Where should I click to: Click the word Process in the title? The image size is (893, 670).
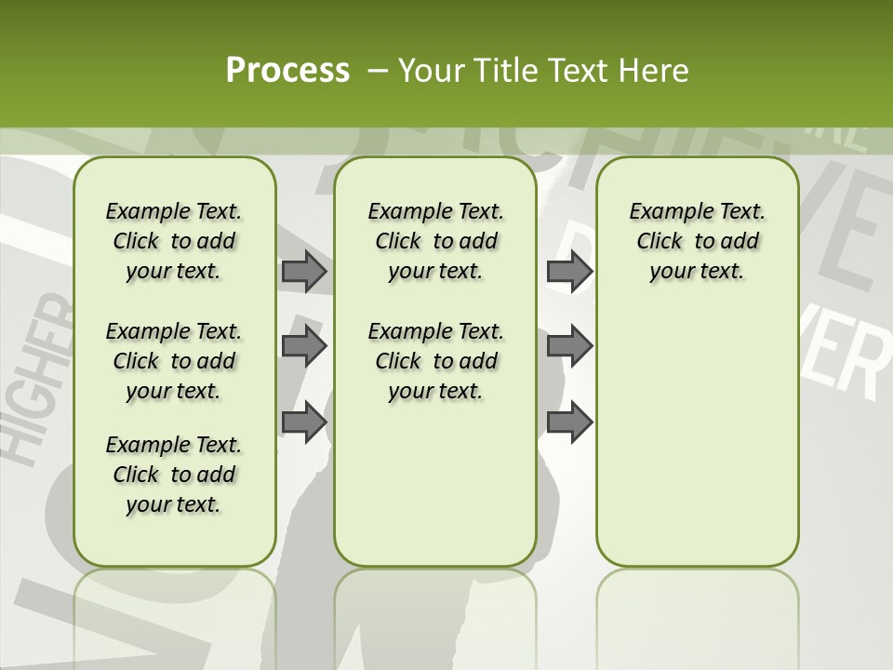(287, 70)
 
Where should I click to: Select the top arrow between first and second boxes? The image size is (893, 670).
(303, 271)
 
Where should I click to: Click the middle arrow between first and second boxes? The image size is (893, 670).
(303, 347)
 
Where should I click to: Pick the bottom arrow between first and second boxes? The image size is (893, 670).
(303, 422)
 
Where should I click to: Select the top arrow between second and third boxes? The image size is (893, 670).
(569, 271)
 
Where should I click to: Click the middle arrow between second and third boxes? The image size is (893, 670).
(569, 347)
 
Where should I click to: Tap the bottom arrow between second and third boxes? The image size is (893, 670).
(569, 422)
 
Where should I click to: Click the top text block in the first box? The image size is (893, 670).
(174, 241)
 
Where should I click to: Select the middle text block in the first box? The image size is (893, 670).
(174, 361)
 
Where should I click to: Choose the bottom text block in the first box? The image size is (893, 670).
(174, 475)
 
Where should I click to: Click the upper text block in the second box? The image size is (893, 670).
(435, 241)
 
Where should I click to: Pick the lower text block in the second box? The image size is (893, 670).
(435, 361)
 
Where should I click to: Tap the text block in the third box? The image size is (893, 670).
(697, 241)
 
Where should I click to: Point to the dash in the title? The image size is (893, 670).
(377, 71)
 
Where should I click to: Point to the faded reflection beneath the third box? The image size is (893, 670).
(697, 605)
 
